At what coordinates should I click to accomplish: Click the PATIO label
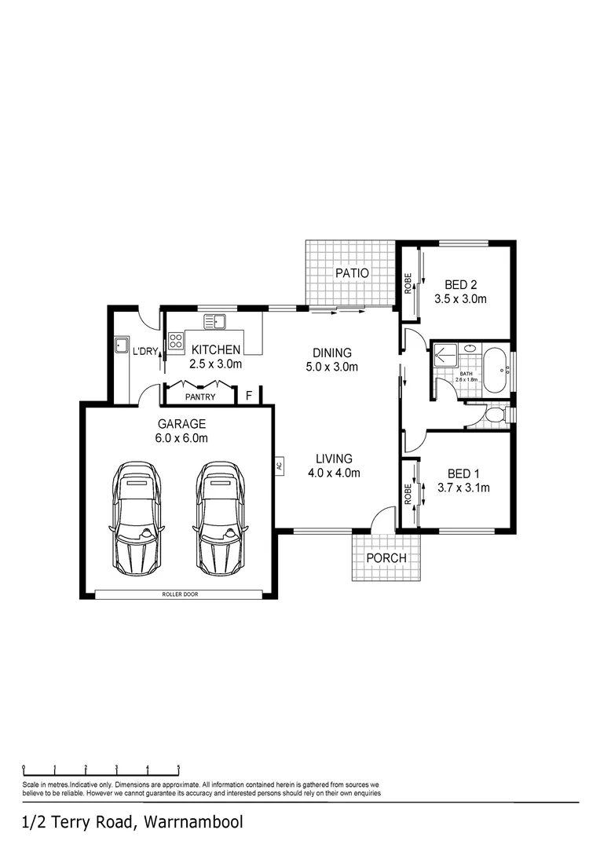[x=352, y=273]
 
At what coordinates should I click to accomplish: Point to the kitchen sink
[x=214, y=321]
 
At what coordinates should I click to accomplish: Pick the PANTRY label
[x=200, y=397]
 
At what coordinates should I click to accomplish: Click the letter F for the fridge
[x=249, y=396]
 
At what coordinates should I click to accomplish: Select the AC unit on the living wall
[x=278, y=465]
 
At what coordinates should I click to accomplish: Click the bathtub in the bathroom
[x=496, y=368]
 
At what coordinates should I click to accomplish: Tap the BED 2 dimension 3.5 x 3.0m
[x=461, y=299]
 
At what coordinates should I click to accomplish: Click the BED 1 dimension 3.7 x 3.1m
[x=463, y=488]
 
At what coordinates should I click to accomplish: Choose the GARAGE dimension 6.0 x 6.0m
[x=181, y=438]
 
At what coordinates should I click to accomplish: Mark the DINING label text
[x=332, y=353]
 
